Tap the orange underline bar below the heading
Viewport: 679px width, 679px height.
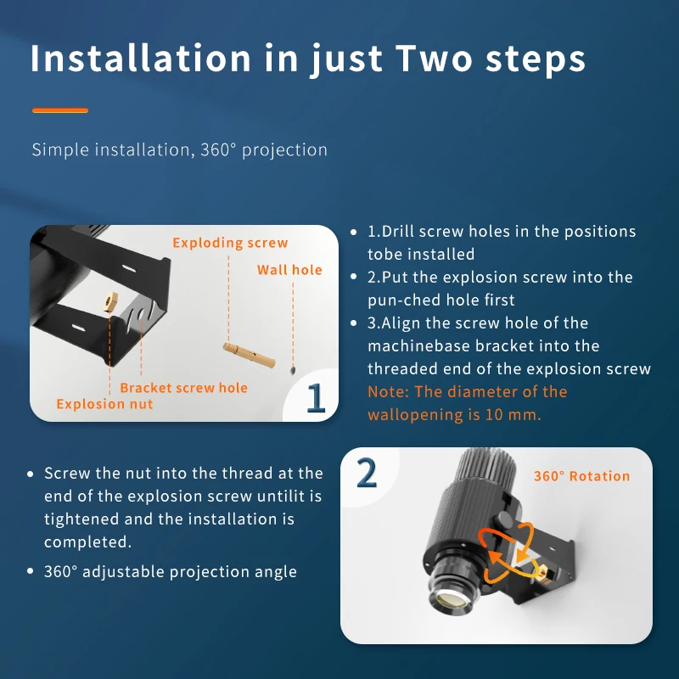[x=59, y=110]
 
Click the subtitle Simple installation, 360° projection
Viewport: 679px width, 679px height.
[x=179, y=150]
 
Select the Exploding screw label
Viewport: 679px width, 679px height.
[x=230, y=243]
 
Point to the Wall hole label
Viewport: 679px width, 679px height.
[x=289, y=270]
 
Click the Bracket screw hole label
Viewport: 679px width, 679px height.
[x=183, y=388]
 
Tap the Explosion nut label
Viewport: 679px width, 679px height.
[x=104, y=404]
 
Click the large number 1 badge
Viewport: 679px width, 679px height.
[x=316, y=396]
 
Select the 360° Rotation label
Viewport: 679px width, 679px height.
[x=581, y=476]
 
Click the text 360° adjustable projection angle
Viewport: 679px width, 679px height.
[x=170, y=571]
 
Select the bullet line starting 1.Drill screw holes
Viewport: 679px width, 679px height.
[x=501, y=232]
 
